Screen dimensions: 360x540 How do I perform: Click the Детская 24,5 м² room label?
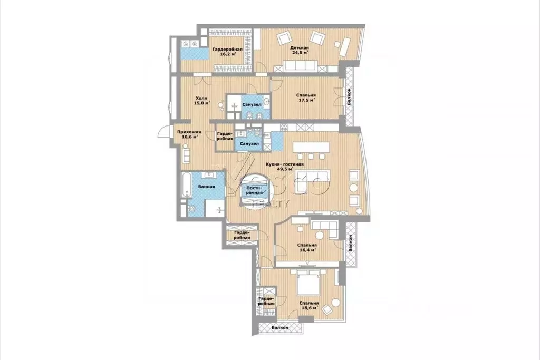[x=299, y=50]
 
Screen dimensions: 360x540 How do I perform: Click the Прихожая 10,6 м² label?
[x=189, y=134]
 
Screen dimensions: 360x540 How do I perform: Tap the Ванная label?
[x=206, y=187]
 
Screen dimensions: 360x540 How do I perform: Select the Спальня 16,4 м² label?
[x=306, y=248]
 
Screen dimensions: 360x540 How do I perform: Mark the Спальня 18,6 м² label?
[x=308, y=306]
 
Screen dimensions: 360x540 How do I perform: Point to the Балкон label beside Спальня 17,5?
[x=350, y=98]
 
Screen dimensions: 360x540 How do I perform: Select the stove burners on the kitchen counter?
[x=283, y=127]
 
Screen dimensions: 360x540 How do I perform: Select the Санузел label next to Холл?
[x=250, y=104]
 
